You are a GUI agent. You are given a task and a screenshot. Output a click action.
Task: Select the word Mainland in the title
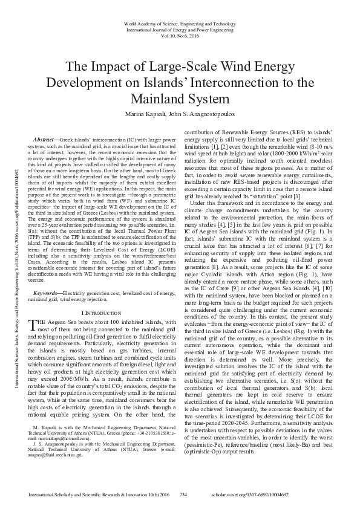(x=180, y=98)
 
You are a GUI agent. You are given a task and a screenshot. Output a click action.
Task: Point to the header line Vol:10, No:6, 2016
(x=180, y=35)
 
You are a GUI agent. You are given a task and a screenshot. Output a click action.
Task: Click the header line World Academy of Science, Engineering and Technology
(x=180, y=22)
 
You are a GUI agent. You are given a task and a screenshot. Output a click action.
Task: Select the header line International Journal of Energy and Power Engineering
(x=180, y=28)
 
